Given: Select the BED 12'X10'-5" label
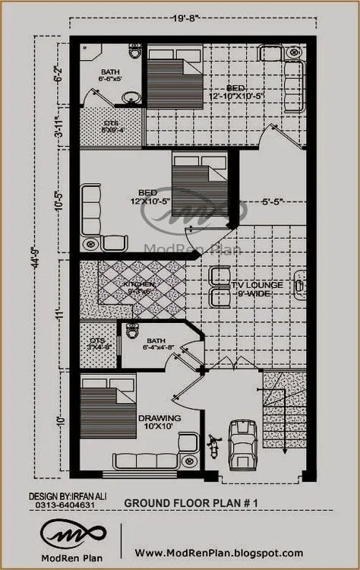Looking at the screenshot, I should (x=153, y=196).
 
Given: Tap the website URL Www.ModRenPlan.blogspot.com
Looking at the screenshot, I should (x=219, y=553).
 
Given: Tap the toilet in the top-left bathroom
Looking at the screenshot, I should (x=135, y=52).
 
